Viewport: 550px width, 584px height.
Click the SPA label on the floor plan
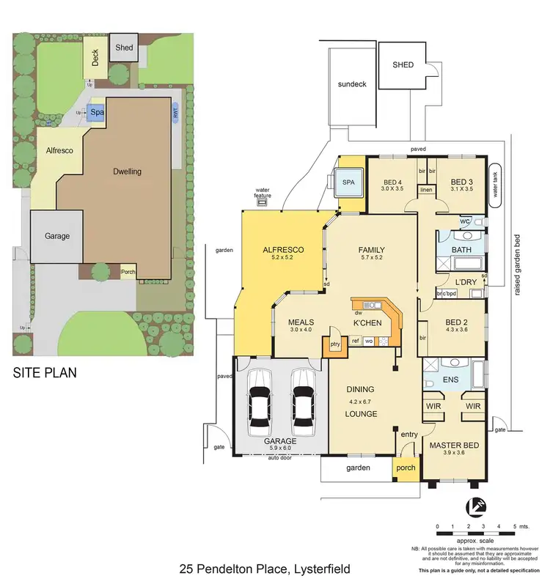[348, 178]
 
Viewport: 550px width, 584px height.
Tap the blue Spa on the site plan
[96, 112]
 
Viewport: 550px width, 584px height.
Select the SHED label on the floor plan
[403, 65]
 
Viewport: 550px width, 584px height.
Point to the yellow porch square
[406, 467]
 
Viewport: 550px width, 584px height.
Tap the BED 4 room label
[392, 182]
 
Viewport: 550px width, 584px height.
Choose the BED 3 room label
[461, 182]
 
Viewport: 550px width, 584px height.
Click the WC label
[465, 221]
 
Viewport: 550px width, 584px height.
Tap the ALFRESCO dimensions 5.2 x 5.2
[282, 258]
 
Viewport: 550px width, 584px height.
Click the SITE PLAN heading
[45, 373]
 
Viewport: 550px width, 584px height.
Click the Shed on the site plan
[124, 48]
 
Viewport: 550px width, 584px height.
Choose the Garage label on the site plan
[57, 236]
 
